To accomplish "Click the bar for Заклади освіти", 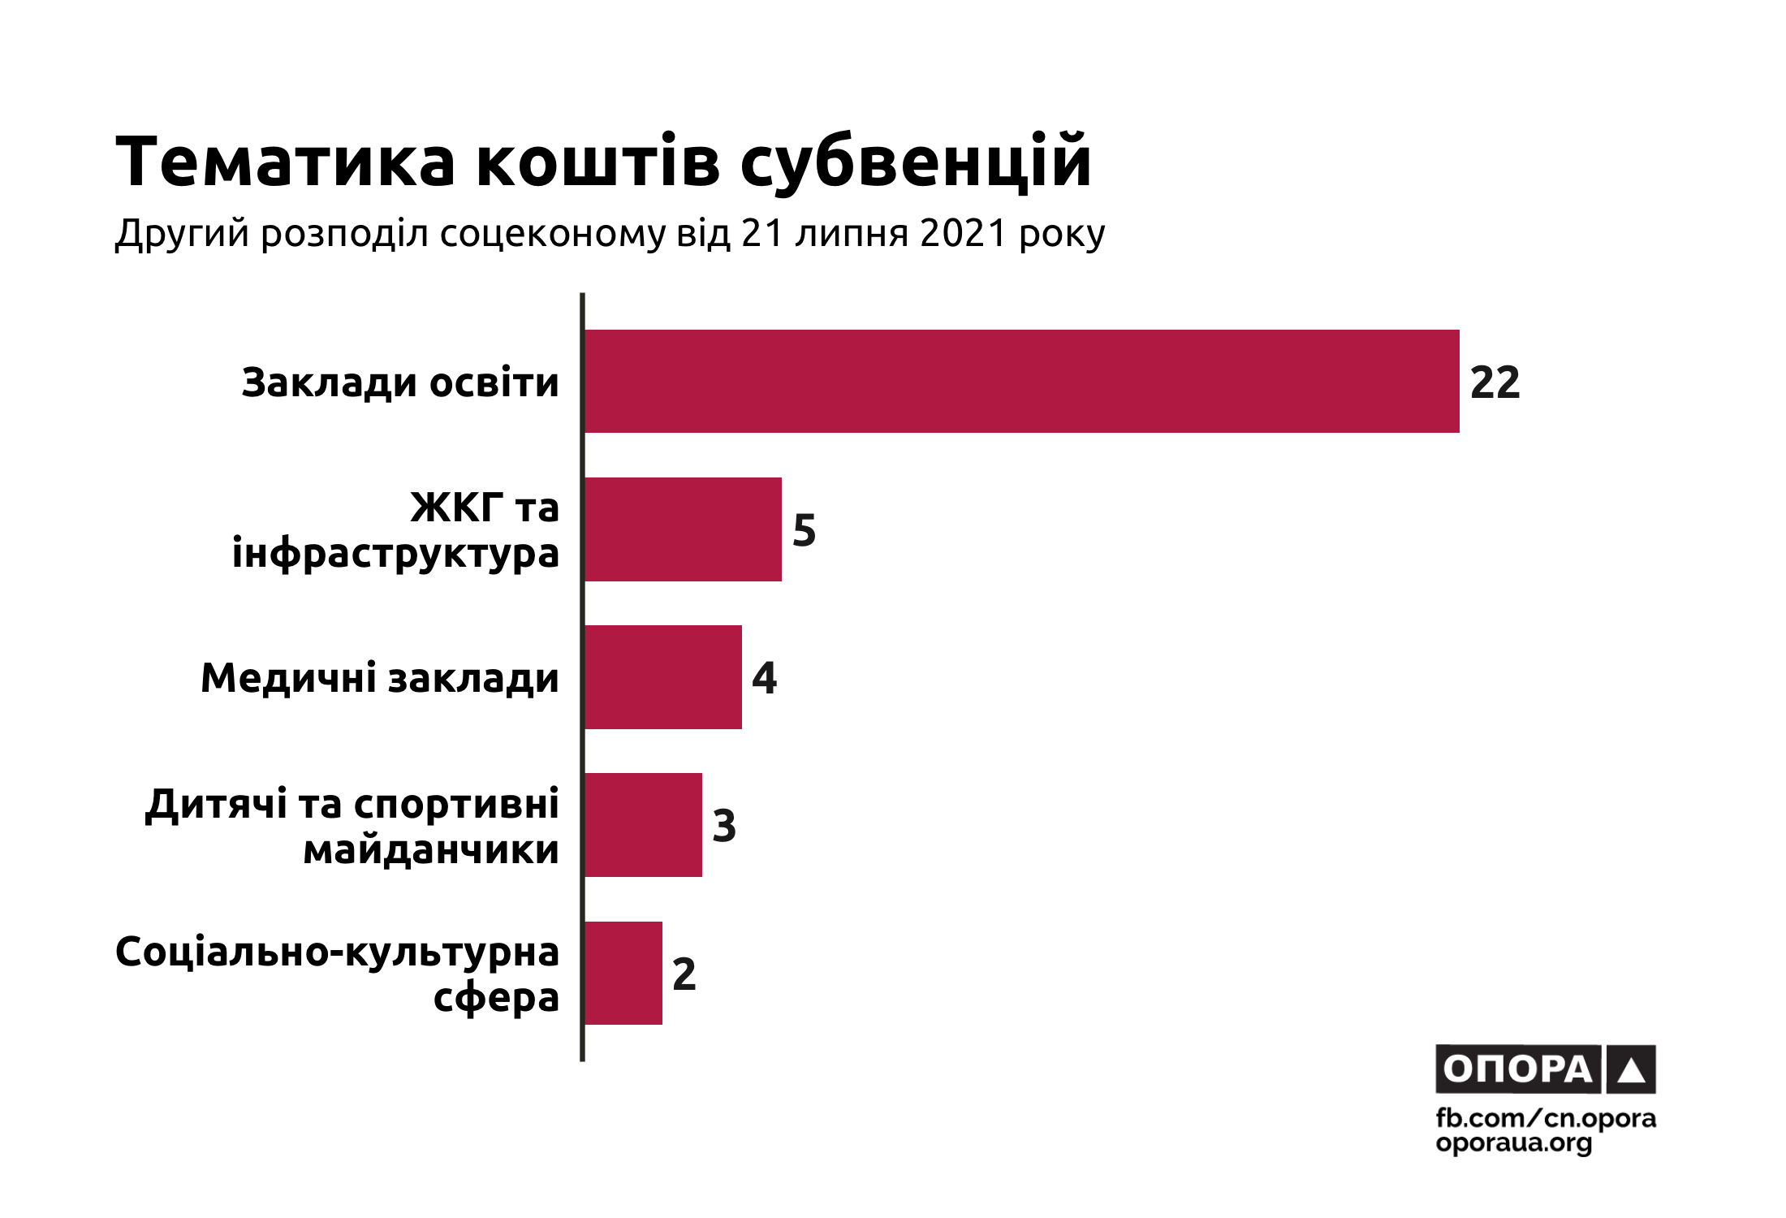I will point(1021,381).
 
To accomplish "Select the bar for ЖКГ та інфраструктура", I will point(683,529).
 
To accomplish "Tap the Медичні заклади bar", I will point(662,677).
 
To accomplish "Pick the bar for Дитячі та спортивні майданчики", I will point(643,825).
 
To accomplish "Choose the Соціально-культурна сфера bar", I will point(623,973).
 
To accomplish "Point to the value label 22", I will point(1495,382).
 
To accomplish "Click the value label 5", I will point(804,530).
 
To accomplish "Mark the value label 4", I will point(764,678).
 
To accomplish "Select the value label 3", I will point(724,826).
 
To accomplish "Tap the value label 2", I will point(684,974).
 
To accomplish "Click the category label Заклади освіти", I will point(400,382).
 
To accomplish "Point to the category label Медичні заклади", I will point(380,678).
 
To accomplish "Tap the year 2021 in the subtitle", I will point(962,234).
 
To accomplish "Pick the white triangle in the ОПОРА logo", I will point(1631,1070).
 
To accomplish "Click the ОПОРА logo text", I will point(1518,1069).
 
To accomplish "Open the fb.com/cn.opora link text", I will point(1546,1119).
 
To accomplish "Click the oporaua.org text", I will point(1514,1144).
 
